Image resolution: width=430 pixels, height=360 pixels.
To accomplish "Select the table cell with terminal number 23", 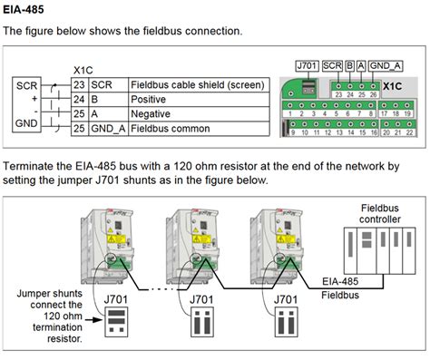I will click(x=78, y=84).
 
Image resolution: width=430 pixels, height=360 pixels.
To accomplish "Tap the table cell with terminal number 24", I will click(x=78, y=100).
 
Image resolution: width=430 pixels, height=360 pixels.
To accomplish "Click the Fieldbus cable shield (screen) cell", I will click(x=197, y=84).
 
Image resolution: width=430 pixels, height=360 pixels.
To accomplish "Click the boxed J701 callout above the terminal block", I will click(x=309, y=66).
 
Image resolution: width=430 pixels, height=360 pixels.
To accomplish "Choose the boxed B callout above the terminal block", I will click(x=349, y=66).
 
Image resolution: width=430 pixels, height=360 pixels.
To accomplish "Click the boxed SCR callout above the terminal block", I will click(x=332, y=66).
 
